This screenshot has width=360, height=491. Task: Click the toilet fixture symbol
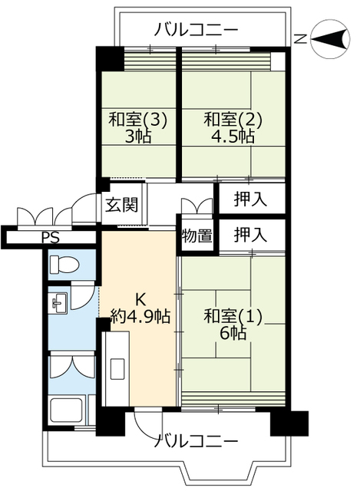tap(64, 265)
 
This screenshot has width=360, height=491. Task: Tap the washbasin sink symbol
tap(58, 304)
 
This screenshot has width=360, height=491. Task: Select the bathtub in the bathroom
tap(68, 410)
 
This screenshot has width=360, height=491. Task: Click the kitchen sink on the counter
tap(117, 370)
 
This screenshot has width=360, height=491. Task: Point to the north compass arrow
tap(329, 39)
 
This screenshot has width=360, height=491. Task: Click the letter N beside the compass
tap(301, 39)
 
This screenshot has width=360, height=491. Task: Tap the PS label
tap(51, 238)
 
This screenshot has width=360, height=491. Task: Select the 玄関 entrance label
tap(121, 205)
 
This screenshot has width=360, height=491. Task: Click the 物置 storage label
tap(197, 236)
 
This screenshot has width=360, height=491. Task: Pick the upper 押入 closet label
tap(251, 199)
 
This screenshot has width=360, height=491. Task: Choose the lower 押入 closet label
tap(251, 235)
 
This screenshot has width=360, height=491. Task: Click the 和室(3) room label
tap(137, 120)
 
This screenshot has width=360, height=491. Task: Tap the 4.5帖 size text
tap(233, 136)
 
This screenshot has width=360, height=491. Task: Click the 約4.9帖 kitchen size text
tap(140, 316)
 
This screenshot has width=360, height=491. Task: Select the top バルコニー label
tap(197, 31)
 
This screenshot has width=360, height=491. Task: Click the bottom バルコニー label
tap(197, 442)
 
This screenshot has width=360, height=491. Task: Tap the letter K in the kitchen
tap(140, 300)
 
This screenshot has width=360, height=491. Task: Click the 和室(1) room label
tap(233, 316)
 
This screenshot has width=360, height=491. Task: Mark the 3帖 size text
tap(138, 136)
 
